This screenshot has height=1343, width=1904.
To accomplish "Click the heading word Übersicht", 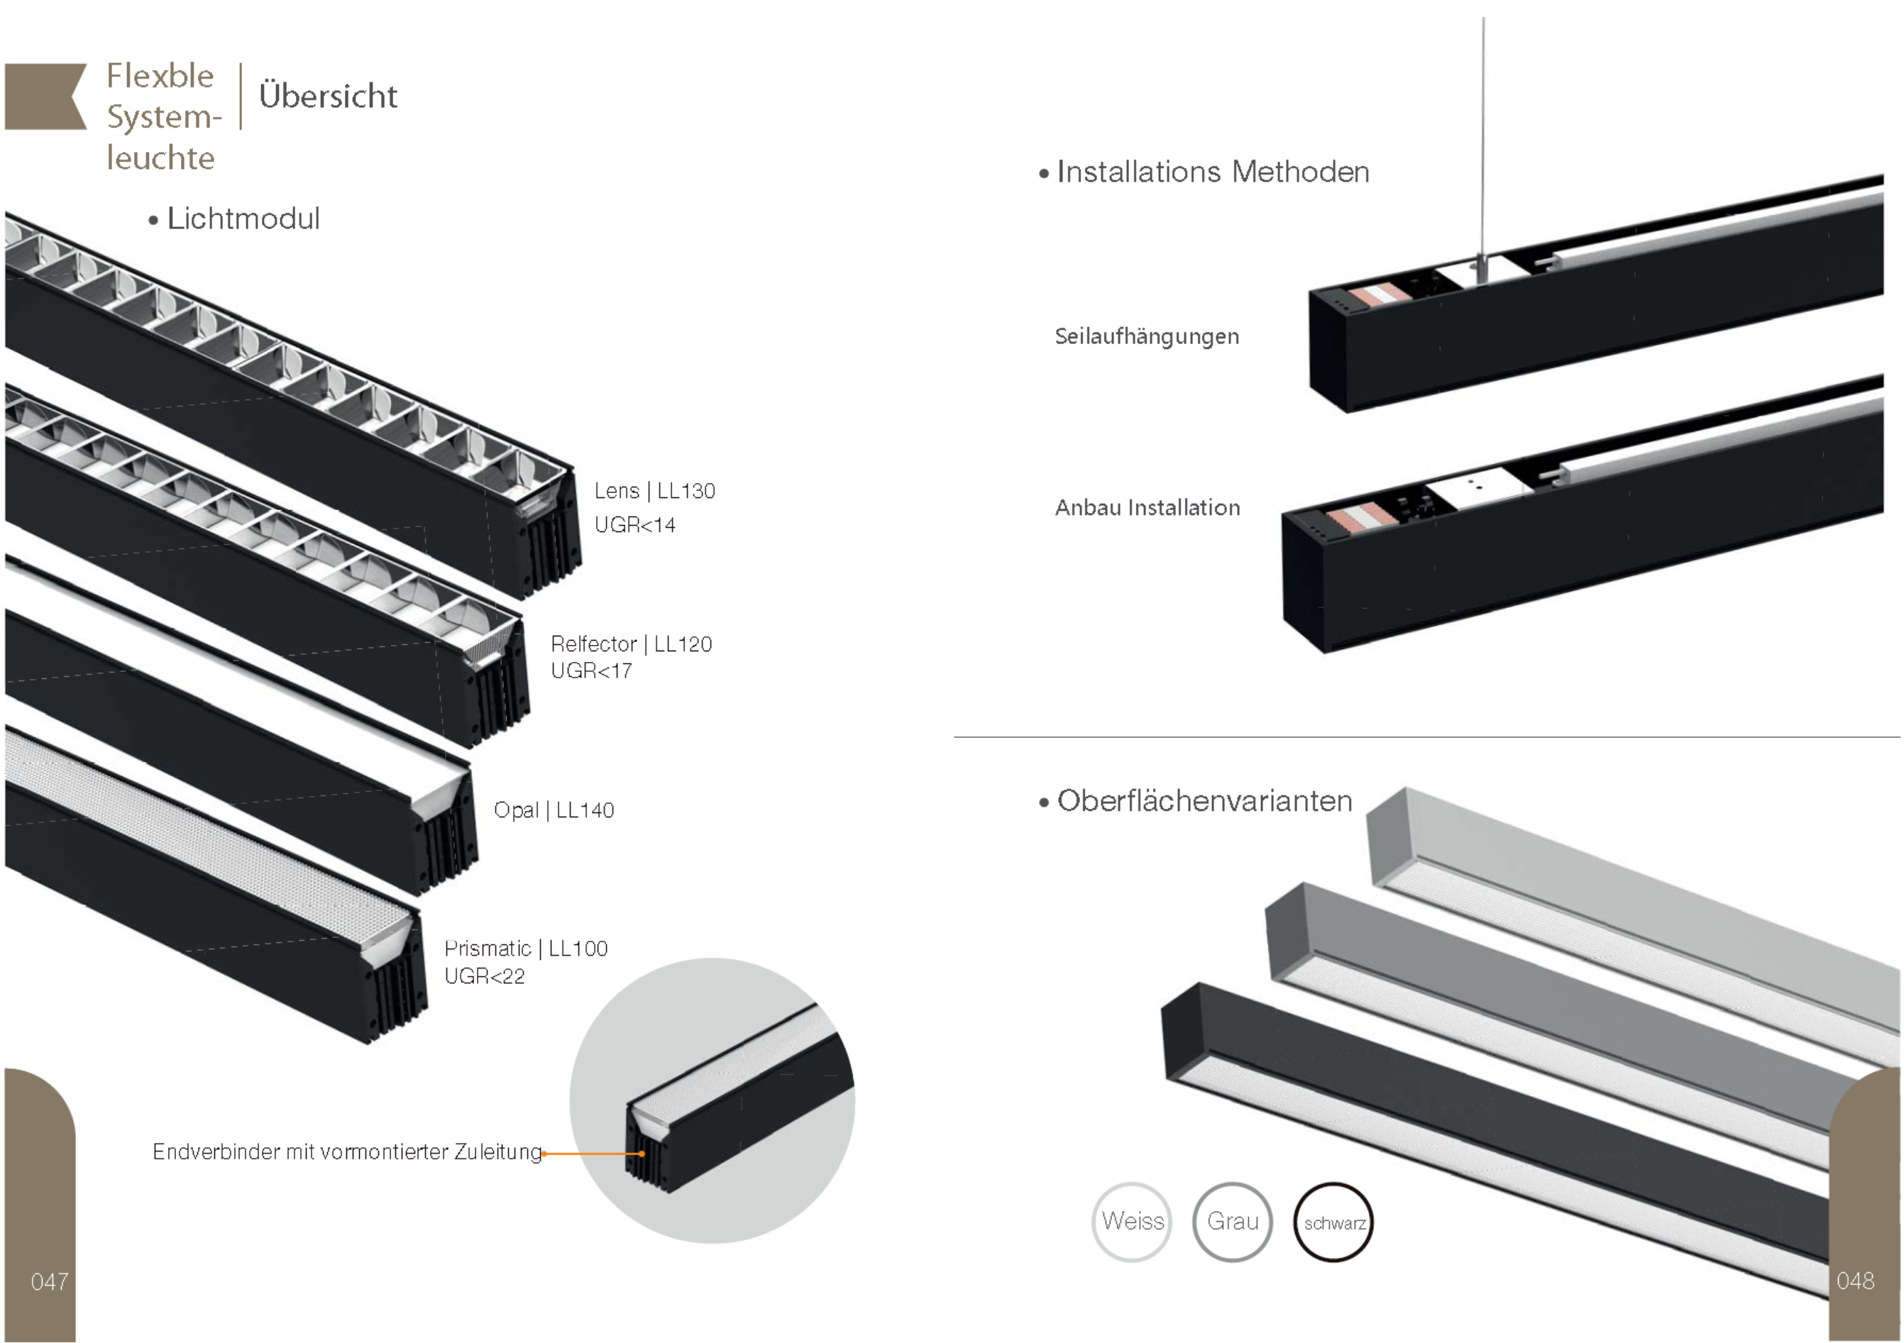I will coord(328,96).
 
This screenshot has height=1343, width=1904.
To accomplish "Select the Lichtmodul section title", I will coord(243,219).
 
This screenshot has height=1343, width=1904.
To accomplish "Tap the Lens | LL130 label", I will coord(654,491).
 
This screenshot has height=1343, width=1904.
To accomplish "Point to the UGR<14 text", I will coord(634,525).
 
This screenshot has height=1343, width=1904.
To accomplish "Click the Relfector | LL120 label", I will coord(631,644).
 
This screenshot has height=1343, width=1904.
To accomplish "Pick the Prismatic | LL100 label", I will coord(526,949).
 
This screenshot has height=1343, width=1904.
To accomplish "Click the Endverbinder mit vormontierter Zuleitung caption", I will coord(346,1151).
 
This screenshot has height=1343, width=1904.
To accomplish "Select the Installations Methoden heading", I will coord(1212,172).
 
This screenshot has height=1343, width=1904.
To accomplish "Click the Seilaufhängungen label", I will coord(1147,336).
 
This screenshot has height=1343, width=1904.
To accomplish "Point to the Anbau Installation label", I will coord(1147,507).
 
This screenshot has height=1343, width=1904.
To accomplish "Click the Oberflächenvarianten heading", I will coord(1204,801).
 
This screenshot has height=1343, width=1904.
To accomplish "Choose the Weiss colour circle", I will coord(1132,1221).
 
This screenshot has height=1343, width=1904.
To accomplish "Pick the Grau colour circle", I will coord(1232,1221).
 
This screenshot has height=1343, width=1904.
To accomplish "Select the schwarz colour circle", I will coord(1333,1222).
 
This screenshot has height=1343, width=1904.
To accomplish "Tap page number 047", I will coord(50,1282).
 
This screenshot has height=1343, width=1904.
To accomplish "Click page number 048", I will coord(1855,1281).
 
